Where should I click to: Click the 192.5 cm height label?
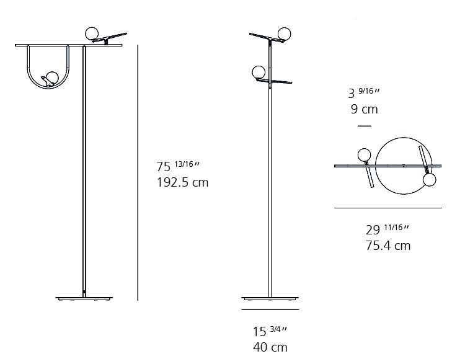tap(182, 182)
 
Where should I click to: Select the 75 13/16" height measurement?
tap(178, 166)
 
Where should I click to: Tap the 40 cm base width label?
tap(270, 347)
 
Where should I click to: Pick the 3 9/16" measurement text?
tap(363, 93)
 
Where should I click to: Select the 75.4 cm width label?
tap(387, 245)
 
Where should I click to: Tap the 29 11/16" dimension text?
tap(387, 229)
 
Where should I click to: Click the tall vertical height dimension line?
tap(138, 174)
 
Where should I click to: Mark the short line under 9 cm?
tap(365, 126)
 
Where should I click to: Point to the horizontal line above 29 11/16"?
tap(387, 208)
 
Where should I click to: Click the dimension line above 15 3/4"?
tap(270, 309)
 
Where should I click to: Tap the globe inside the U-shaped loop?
tap(52, 78)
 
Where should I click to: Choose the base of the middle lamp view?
tap(270, 298)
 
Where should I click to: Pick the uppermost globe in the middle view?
tap(285, 33)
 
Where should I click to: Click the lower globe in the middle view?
tap(259, 72)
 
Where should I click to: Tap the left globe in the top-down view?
tap(363, 154)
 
